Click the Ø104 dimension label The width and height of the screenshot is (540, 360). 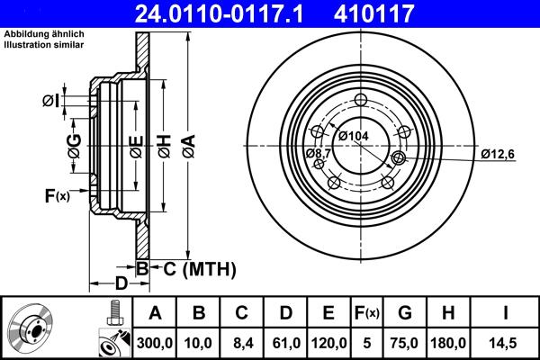click(x=354, y=136)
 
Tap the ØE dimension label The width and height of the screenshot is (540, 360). click(x=135, y=145)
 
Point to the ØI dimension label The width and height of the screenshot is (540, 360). click(x=51, y=101)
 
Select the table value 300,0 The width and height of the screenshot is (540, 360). click(x=155, y=342)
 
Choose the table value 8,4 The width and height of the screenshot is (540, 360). click(x=240, y=342)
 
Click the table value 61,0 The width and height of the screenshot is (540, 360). click(x=283, y=342)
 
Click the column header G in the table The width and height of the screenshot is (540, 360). click(x=404, y=313)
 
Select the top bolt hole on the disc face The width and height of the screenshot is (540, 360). click(x=362, y=101)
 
